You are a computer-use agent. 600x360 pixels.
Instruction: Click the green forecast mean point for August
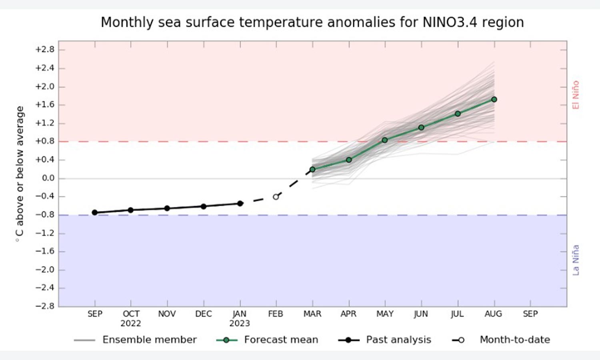coord(494,99)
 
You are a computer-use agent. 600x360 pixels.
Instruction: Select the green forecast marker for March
coord(312,170)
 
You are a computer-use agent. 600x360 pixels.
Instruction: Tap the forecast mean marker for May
coord(385,140)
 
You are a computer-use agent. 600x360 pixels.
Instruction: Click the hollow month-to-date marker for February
coord(276,197)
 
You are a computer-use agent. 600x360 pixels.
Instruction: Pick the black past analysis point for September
coord(95,212)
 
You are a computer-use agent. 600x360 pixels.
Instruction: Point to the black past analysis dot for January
coord(240,203)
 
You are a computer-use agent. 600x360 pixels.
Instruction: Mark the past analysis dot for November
coord(167,208)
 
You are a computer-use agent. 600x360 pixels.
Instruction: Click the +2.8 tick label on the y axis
coord(44,50)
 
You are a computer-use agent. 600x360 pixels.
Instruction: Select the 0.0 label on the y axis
coord(48,178)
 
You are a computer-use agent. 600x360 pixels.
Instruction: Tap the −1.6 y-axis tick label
coord(44,251)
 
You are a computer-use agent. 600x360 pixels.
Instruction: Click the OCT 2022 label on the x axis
coord(131,318)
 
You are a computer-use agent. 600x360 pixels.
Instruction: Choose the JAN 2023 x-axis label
coord(240,318)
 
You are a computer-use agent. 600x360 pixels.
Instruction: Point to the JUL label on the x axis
coord(457,314)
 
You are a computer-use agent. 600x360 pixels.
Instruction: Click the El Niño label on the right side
coord(576,95)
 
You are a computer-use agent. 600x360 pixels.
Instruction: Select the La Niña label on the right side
coord(576,260)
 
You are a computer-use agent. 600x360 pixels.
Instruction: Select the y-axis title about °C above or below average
coord(19,174)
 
